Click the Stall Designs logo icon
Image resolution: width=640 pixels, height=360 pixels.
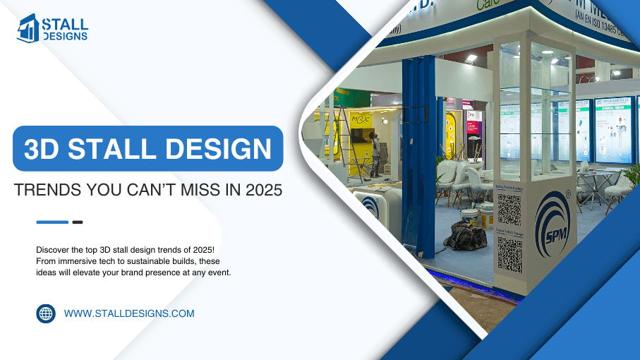point(28,28)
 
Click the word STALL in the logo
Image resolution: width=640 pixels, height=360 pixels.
point(65,23)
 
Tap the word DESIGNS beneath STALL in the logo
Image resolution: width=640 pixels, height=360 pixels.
point(65,36)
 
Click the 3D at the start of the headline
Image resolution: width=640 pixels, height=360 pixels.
point(40,149)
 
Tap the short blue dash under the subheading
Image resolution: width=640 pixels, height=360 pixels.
point(52,222)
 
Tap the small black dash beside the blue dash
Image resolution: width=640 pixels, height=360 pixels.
point(78,222)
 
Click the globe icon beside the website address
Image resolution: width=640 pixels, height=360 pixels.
point(46,313)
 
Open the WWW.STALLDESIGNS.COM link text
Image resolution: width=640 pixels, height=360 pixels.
point(129,313)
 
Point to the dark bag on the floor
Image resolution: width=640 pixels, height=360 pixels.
point(465,236)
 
